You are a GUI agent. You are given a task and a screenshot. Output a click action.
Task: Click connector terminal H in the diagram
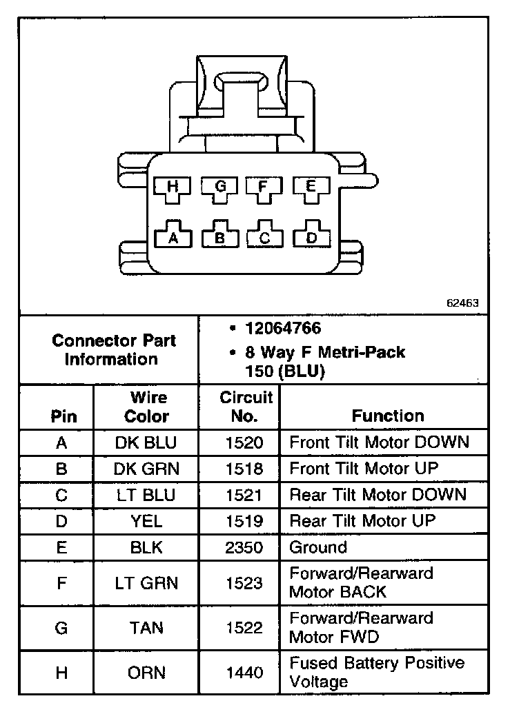click(x=173, y=187)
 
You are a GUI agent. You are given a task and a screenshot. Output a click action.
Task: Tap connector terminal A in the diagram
click(x=173, y=238)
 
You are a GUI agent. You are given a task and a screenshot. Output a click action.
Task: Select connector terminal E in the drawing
click(x=310, y=187)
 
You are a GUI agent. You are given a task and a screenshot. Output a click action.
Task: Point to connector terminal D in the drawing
click(x=311, y=238)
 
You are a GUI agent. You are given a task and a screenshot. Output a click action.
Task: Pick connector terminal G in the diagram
click(x=219, y=187)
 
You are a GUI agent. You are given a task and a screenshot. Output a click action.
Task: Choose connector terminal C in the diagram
click(x=264, y=238)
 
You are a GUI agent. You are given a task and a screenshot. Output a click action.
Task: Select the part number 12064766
click(x=283, y=329)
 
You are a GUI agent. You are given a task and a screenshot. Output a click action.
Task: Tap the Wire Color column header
click(x=146, y=407)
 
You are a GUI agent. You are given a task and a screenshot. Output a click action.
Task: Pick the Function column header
click(x=388, y=416)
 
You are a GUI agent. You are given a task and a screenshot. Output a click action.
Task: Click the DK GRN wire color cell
click(x=146, y=469)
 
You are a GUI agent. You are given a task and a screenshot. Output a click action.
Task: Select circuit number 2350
click(x=244, y=548)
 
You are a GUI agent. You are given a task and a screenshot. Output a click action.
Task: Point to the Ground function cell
click(x=317, y=548)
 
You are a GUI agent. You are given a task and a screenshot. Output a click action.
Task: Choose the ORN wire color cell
click(x=146, y=673)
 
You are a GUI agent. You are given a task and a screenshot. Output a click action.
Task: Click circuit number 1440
click(x=244, y=673)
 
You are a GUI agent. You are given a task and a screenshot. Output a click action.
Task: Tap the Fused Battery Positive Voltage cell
click(x=377, y=673)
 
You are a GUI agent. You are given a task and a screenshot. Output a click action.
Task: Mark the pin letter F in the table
click(x=61, y=583)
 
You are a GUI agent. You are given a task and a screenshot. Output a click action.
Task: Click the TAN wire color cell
click(x=146, y=628)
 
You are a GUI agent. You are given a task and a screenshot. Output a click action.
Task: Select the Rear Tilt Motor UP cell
click(x=362, y=521)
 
